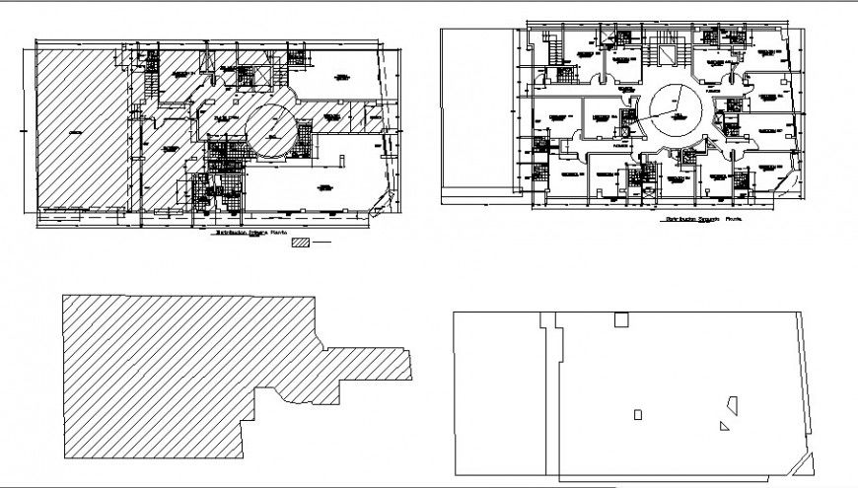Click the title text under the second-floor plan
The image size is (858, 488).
(704, 219)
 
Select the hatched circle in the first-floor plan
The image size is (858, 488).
(269, 129)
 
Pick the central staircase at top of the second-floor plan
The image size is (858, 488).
(676, 54)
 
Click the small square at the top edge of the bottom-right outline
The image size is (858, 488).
(621, 319)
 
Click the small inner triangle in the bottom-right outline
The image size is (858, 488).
(725, 427)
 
